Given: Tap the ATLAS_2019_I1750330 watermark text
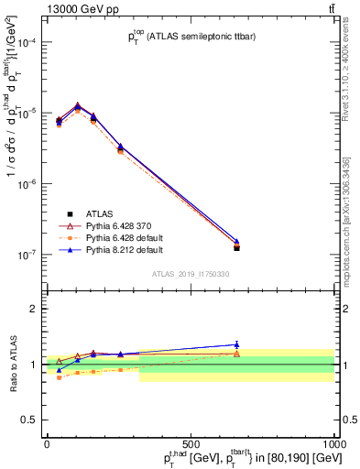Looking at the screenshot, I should click(191, 274).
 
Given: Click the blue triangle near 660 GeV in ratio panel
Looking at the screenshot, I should click(236, 344).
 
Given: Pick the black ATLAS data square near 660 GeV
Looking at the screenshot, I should click(236, 247).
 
